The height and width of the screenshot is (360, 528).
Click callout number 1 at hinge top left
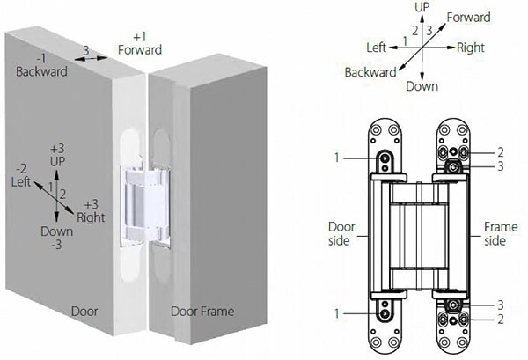337,157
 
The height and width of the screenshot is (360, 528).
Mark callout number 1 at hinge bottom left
337,312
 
